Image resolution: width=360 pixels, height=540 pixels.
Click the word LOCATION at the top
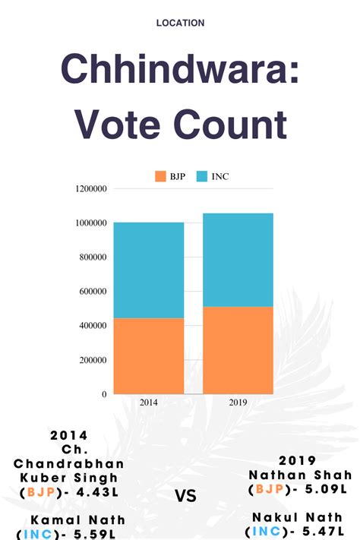point(180,24)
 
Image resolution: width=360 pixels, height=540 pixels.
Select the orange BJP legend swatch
point(159,176)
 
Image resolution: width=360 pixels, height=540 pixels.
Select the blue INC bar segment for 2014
point(149,270)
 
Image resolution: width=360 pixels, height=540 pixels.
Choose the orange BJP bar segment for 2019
point(238,349)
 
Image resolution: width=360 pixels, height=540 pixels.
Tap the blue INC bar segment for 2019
point(238,260)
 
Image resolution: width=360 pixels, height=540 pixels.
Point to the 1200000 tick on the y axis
point(91,188)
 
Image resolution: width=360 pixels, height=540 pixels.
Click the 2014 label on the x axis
point(149,403)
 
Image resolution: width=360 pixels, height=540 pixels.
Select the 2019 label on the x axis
point(238,403)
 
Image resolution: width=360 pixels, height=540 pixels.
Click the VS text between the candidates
point(186,497)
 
